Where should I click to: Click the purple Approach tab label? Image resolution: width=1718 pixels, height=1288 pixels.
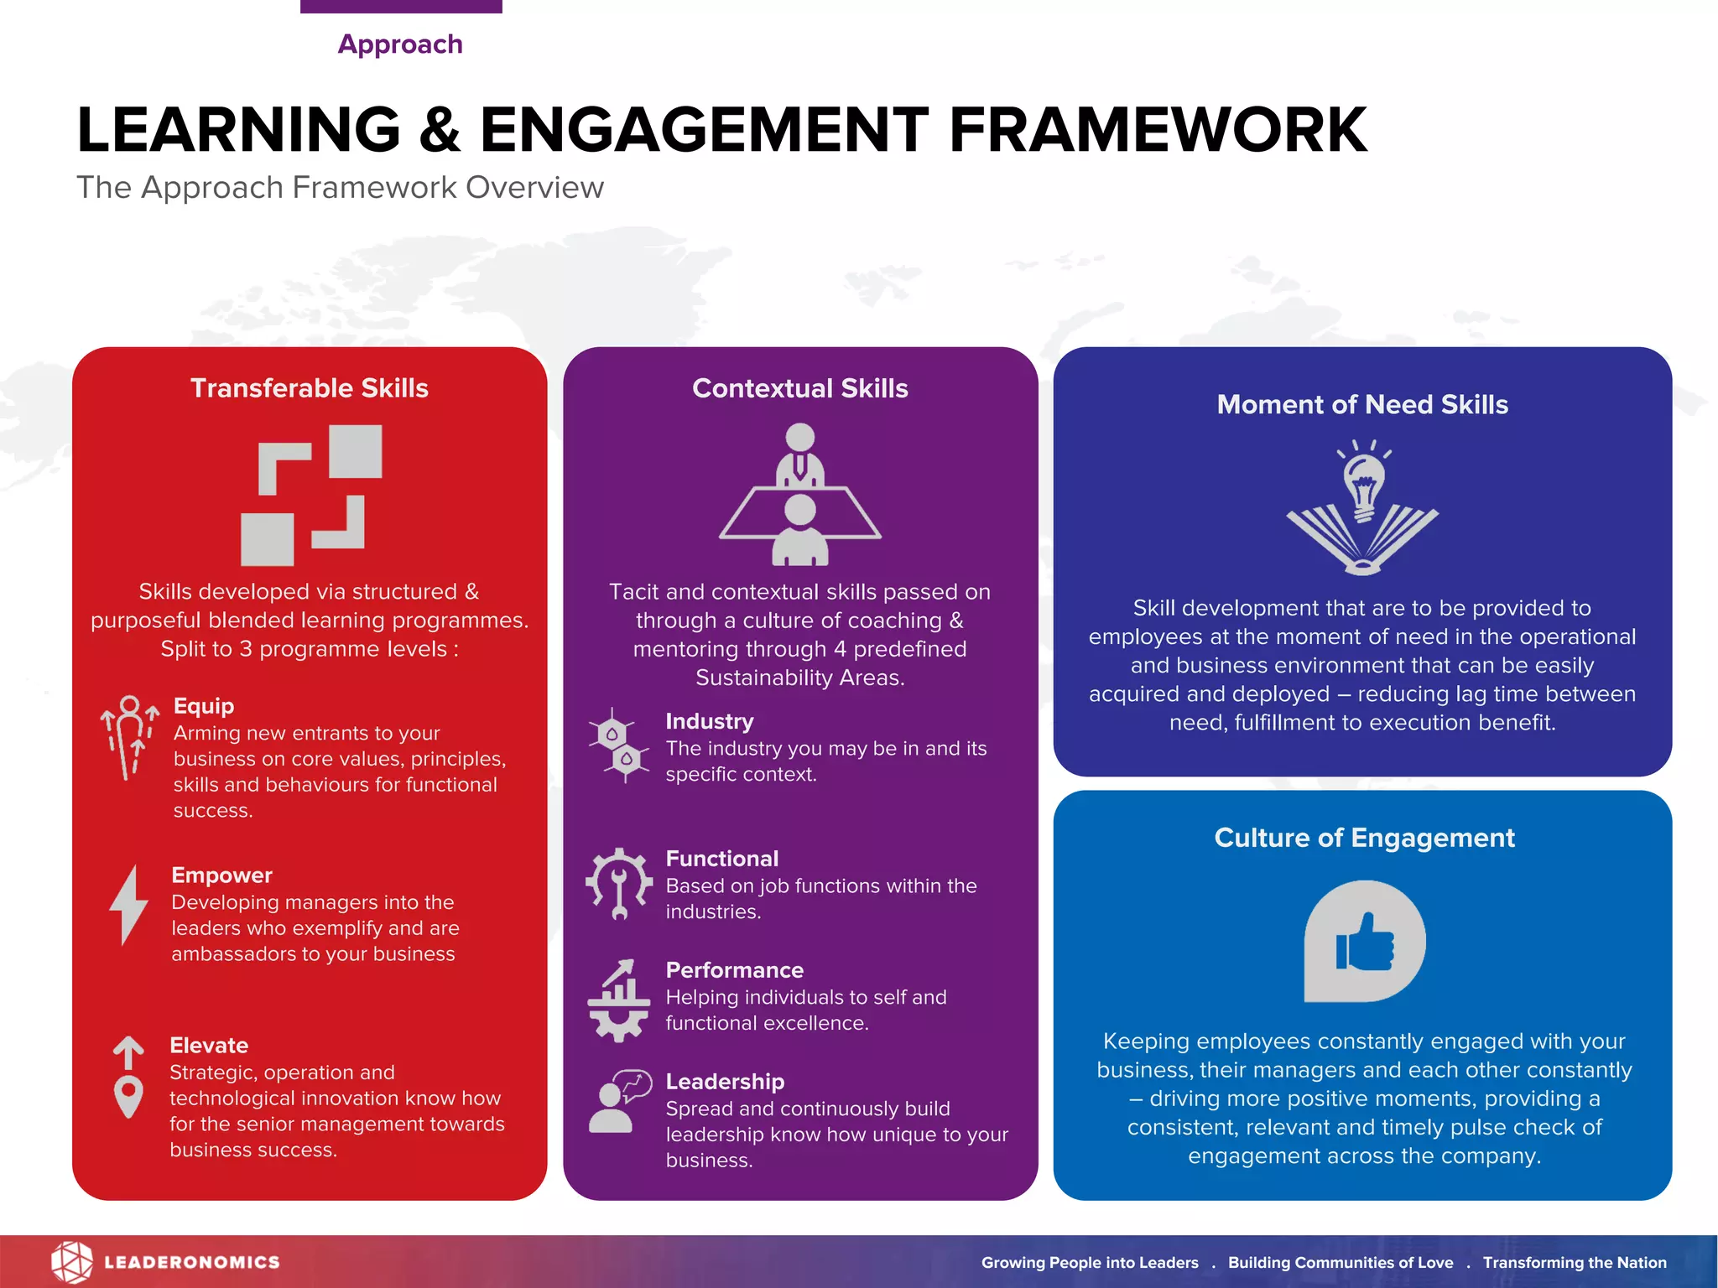tap(400, 44)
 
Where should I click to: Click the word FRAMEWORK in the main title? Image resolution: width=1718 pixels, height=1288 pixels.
tap(1158, 130)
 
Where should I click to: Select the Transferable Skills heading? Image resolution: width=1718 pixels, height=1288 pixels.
tap(309, 388)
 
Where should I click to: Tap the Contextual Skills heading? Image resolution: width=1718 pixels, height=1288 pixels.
tap(799, 388)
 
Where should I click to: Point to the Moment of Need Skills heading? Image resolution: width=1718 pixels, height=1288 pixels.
tap(1362, 404)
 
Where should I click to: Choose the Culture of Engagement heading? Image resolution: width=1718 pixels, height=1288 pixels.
tap(1364, 838)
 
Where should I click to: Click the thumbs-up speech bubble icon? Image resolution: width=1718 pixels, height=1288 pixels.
tap(1364, 941)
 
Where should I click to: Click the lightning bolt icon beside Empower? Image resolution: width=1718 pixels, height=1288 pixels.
tap(128, 906)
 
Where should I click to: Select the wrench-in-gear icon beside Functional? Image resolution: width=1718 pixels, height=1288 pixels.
tap(619, 884)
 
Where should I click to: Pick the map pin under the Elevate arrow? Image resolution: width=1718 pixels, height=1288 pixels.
tap(128, 1095)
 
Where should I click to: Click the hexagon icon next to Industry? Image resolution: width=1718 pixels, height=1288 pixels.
tap(619, 745)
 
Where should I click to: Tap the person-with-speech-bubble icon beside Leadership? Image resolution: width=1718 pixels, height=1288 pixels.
tap(619, 1101)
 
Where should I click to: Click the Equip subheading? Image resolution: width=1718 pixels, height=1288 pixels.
tap(204, 706)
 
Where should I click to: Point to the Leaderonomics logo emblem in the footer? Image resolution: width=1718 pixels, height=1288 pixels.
tap(71, 1262)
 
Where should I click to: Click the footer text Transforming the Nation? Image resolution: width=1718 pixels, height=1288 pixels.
tap(1574, 1263)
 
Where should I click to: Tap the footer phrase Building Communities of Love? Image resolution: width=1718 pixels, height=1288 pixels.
tap(1340, 1263)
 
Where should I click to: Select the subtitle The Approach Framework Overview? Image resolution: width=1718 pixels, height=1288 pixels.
tap(340, 188)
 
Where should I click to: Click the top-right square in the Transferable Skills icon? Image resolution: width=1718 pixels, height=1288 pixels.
tap(355, 451)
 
